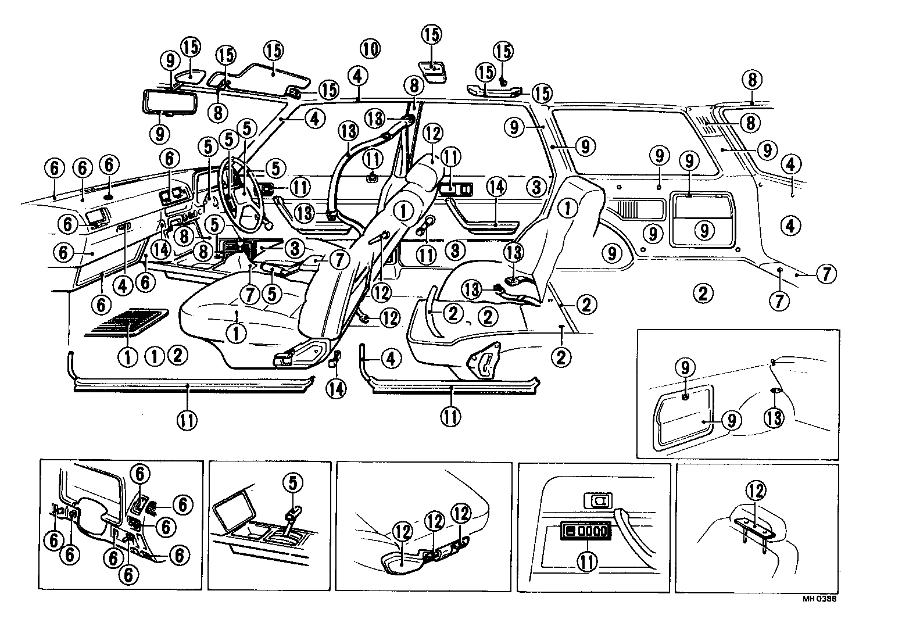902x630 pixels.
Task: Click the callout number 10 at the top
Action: (370, 48)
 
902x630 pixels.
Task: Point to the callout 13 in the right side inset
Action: (775, 417)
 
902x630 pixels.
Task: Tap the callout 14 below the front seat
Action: (335, 387)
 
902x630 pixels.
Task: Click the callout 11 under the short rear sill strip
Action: (450, 416)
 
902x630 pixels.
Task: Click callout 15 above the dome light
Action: (431, 35)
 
